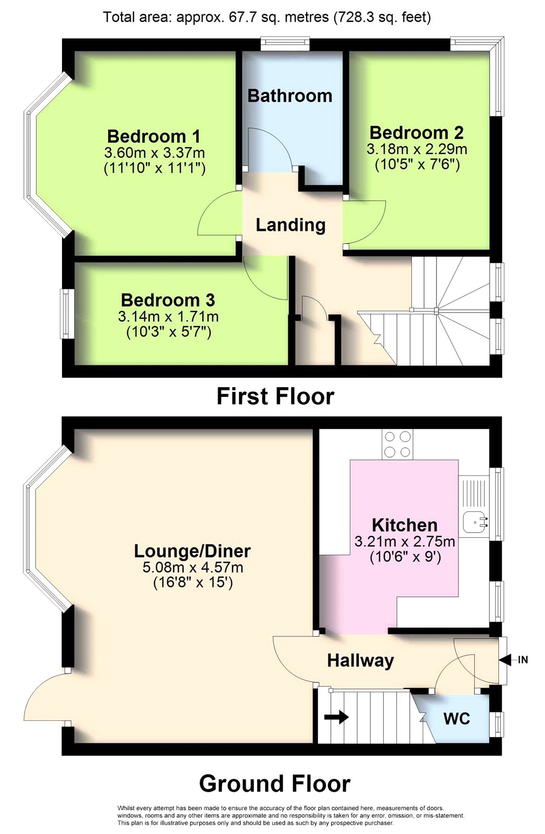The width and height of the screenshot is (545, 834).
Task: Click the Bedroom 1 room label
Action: click(153, 136)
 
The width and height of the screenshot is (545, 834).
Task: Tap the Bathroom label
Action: click(290, 96)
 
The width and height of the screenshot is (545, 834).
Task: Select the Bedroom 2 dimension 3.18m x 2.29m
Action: click(417, 149)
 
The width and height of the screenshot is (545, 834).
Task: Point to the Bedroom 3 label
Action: click(168, 300)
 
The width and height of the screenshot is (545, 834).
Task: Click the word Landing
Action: click(290, 225)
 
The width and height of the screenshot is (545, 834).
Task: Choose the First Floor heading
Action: click(275, 396)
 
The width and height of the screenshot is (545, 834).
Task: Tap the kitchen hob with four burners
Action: click(397, 444)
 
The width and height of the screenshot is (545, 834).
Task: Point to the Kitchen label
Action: click(405, 525)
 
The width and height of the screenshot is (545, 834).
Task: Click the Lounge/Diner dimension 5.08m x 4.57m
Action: click(192, 568)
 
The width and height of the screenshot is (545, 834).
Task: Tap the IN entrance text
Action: click(523, 660)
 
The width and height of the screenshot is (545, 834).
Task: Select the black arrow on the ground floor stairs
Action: click(336, 717)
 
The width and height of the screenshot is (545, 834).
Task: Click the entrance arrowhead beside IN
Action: click(505, 660)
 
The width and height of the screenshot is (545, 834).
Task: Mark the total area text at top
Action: click(267, 17)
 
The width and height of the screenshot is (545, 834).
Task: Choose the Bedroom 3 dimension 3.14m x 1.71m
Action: click(168, 316)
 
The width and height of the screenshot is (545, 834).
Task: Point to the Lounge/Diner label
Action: click(192, 551)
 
